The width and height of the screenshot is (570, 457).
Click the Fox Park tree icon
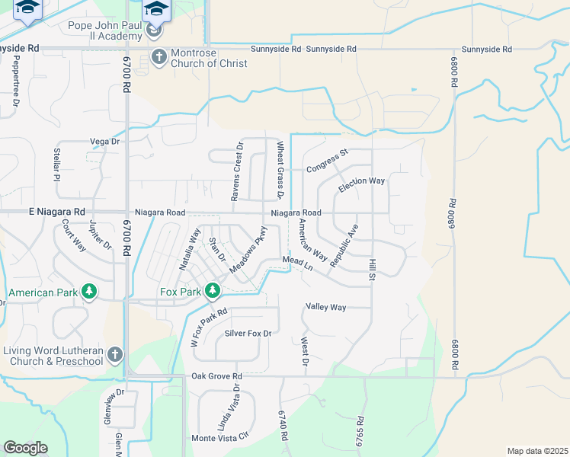click(213, 290)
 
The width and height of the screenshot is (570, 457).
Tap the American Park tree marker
click(90, 291)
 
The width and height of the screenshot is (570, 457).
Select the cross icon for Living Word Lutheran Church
click(114, 354)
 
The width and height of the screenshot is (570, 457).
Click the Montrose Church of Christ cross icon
click(159, 56)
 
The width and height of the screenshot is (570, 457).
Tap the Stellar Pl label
click(57, 165)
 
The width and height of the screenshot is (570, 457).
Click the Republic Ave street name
click(344, 245)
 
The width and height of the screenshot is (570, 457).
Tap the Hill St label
click(373, 267)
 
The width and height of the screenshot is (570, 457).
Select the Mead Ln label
click(298, 264)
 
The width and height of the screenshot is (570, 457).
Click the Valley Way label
click(326, 307)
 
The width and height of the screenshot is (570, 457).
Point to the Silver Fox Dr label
click(248, 334)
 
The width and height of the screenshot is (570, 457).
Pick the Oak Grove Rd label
click(216, 376)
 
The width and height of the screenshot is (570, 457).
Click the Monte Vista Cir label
click(220, 438)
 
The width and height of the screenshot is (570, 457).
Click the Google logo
click(25, 448)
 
